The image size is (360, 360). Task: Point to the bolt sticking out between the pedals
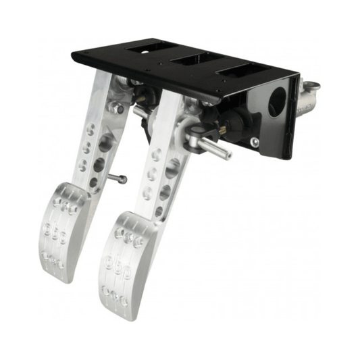[117, 178]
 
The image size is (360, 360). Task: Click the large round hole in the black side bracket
[278, 103]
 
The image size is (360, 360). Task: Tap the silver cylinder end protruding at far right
[311, 91]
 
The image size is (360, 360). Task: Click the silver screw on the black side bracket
[254, 142]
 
